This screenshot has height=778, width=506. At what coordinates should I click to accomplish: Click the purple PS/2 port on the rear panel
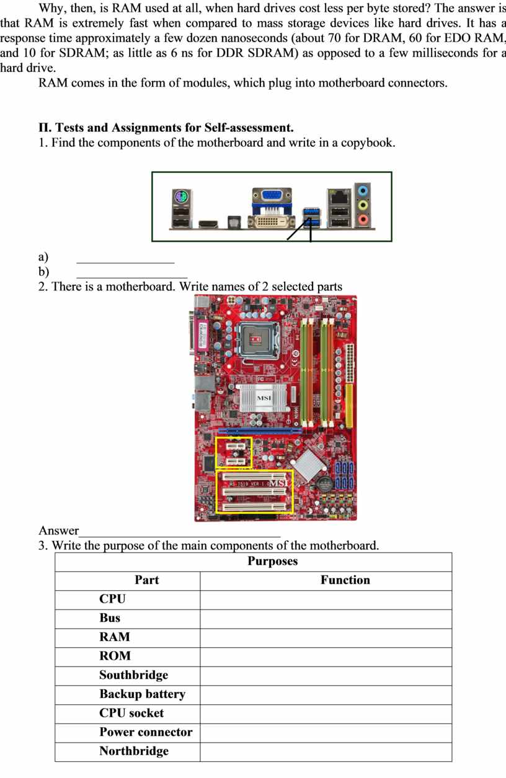pyautogui.click(x=180, y=198)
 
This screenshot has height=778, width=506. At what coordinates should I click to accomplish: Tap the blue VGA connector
pyautogui.click(x=272, y=196)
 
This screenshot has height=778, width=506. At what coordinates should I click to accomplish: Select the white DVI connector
pyautogui.click(x=271, y=222)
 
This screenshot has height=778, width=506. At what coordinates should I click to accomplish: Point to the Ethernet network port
pyautogui.click(x=339, y=197)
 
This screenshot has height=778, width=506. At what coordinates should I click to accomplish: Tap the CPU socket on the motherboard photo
pyautogui.click(x=255, y=338)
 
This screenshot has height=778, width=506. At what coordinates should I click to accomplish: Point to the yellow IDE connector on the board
pyautogui.click(x=349, y=406)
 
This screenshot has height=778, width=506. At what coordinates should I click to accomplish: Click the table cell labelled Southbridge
pyautogui.click(x=133, y=675)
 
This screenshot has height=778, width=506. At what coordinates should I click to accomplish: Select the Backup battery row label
pyautogui.click(x=142, y=694)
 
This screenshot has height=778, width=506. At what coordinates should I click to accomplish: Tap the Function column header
pyautogui.click(x=345, y=580)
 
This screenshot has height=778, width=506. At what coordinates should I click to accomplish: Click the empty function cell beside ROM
pyautogui.click(x=326, y=657)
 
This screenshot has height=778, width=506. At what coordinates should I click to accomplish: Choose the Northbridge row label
pyautogui.click(x=133, y=751)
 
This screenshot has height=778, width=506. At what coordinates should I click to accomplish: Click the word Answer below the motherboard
pyautogui.click(x=59, y=531)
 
